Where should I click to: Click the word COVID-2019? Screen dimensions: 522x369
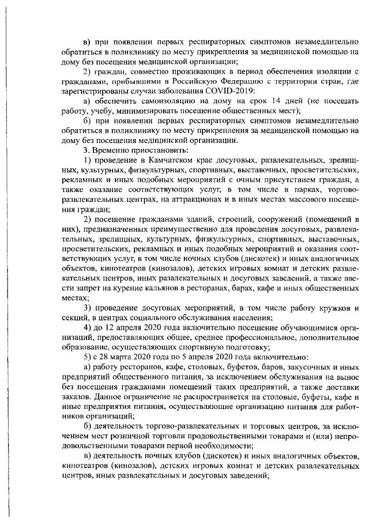[x=229, y=91]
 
